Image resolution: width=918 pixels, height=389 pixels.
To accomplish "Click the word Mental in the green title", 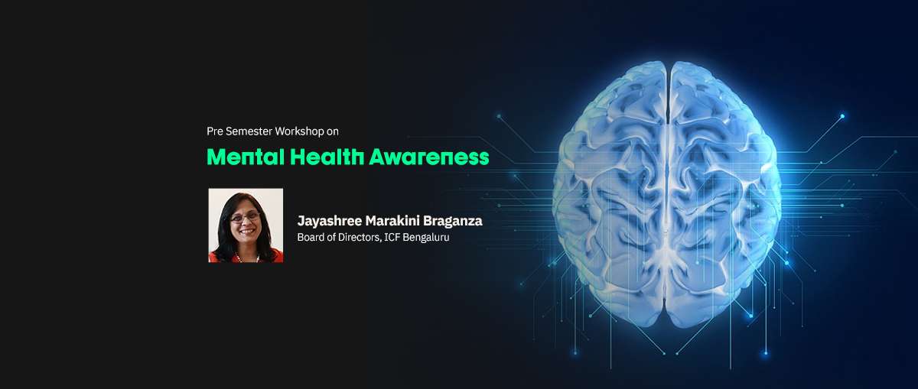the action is (x=246, y=157).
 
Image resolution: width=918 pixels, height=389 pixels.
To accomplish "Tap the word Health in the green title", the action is (x=327, y=157).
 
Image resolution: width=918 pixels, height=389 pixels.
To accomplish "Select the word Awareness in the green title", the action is (x=429, y=157).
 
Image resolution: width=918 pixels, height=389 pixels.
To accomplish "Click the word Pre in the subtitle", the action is (x=215, y=131).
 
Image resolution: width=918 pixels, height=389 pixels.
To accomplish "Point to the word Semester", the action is (x=249, y=131).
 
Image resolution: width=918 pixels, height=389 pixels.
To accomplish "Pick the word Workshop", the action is (x=300, y=131).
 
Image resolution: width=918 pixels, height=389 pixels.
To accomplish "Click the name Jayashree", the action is (x=330, y=222).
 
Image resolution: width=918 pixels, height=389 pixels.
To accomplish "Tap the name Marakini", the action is (x=392, y=221).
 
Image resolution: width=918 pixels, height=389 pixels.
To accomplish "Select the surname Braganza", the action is (x=452, y=222).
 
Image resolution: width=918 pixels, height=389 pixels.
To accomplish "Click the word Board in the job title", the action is (x=308, y=237).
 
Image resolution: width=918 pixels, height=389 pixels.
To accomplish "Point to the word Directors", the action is (x=360, y=238).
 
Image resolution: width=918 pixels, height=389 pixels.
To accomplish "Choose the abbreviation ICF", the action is (x=392, y=237).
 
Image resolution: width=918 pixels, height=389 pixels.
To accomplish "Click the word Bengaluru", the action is (x=426, y=238).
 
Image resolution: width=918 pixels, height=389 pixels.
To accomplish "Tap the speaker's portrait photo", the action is (x=246, y=225).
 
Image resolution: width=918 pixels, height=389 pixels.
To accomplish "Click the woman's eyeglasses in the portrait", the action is (x=245, y=216).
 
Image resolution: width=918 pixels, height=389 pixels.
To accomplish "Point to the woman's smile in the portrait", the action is (x=246, y=232).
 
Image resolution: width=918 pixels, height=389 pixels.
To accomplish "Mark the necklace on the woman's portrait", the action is (x=246, y=258).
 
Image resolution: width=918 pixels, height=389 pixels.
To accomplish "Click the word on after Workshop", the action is (x=333, y=132).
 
